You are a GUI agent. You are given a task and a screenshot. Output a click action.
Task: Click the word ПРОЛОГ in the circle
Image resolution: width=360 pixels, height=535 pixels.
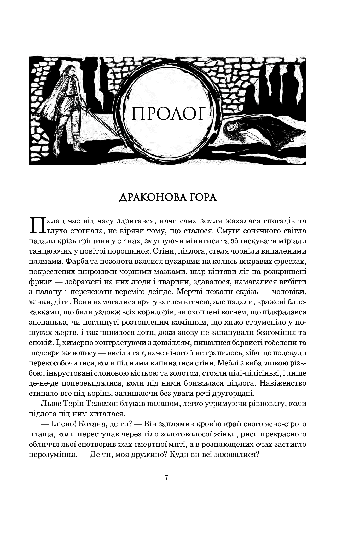167,114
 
